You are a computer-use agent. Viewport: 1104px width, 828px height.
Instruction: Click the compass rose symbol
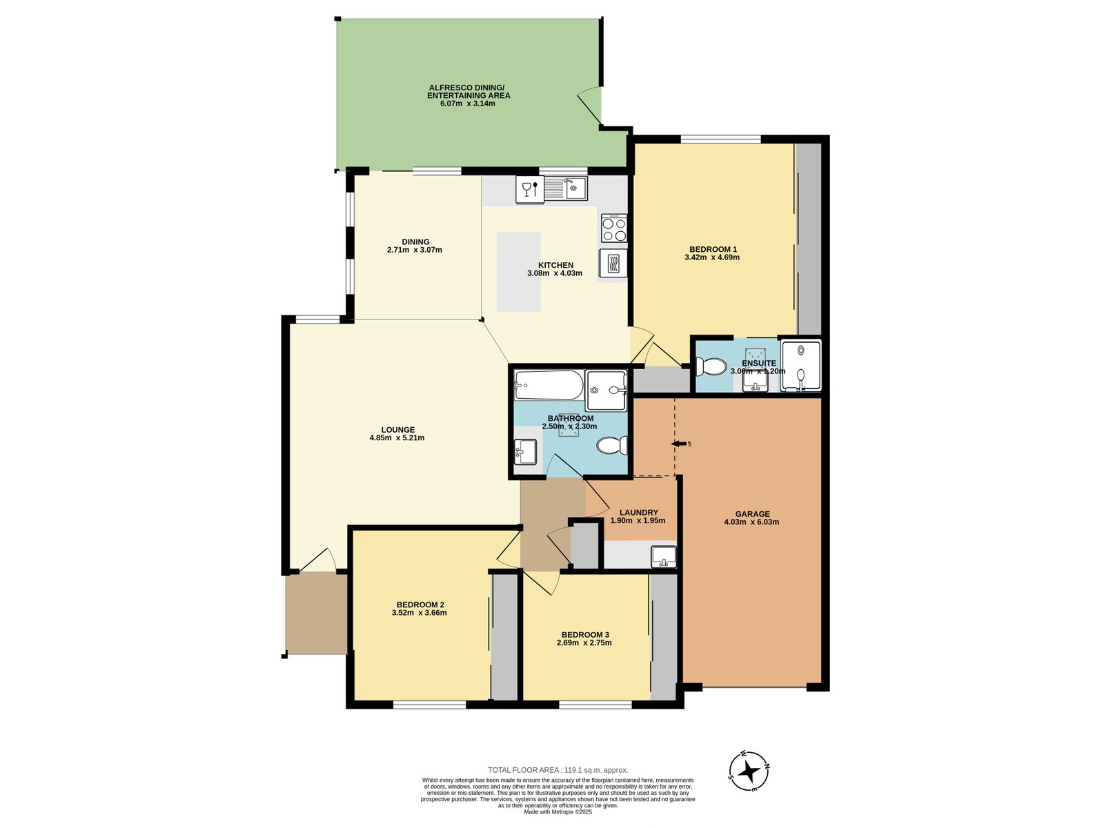point(749,771)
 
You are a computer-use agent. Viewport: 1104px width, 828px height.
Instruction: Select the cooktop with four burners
point(613,228)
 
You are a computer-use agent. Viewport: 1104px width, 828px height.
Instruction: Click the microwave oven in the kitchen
point(613,264)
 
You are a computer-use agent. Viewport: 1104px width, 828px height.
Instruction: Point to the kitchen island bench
point(519,272)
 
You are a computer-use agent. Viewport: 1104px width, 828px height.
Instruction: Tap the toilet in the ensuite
point(711,366)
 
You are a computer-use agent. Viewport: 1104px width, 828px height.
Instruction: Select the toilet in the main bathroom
point(612,446)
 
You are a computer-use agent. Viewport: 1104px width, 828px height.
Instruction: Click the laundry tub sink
point(664,556)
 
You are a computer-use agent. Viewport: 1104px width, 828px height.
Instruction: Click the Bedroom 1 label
point(713,249)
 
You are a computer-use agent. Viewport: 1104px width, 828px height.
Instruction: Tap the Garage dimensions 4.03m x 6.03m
point(751,522)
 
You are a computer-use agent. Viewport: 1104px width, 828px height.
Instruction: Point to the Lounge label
point(397,430)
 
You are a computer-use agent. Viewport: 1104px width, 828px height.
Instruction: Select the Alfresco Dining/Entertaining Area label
point(468,91)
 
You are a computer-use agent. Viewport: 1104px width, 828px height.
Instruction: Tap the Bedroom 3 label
point(584,635)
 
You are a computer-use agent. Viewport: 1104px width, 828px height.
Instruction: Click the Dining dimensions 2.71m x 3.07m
point(414,250)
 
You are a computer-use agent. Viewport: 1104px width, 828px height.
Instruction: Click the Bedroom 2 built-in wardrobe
point(504,636)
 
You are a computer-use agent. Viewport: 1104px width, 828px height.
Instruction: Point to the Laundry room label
point(638,513)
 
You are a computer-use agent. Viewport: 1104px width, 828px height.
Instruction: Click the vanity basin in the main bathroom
point(525,451)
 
